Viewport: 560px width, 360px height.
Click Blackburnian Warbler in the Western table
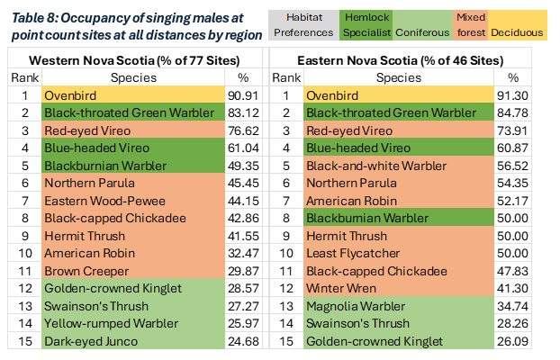click(x=99, y=166)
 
